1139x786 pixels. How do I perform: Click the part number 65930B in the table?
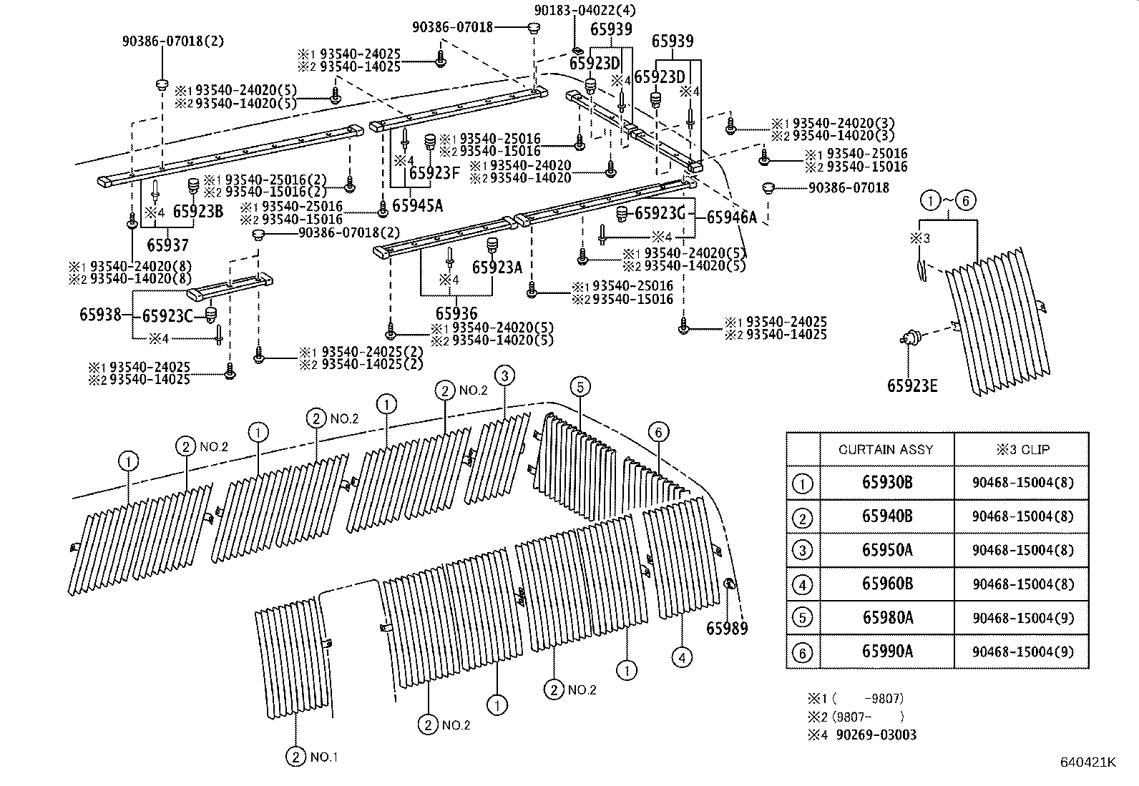click(886, 483)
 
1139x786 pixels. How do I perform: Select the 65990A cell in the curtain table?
click(886, 652)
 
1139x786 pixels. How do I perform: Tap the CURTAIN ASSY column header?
click(886, 450)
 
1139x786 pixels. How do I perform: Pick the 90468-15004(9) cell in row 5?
click(1022, 619)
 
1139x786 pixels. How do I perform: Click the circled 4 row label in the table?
click(803, 585)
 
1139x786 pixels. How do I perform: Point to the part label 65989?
click(726, 629)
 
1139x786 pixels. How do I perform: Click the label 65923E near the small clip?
click(912, 386)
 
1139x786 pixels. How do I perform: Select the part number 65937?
click(168, 245)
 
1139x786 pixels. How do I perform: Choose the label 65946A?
click(730, 218)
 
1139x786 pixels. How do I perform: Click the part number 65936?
click(456, 313)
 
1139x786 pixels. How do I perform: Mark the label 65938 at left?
click(100, 315)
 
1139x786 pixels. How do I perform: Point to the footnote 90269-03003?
click(875, 735)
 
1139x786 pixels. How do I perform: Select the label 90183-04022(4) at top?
click(585, 11)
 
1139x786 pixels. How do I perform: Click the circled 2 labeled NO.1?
click(295, 757)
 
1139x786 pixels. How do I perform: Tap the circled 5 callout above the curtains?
click(580, 388)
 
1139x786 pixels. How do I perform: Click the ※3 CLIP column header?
click(1022, 450)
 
